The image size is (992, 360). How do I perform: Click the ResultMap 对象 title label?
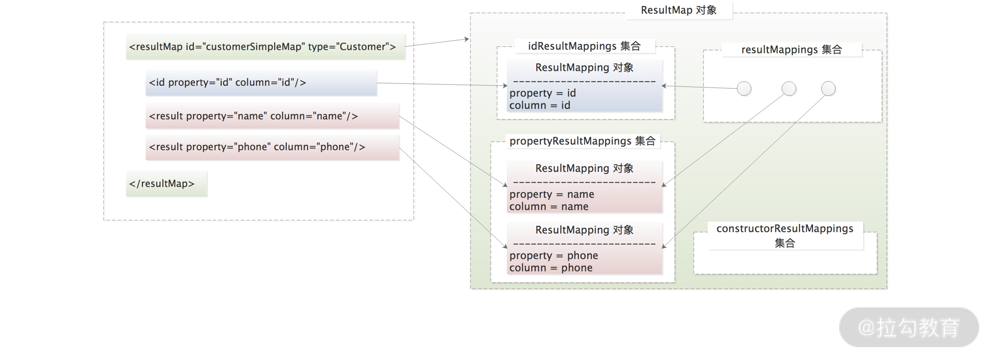tap(679, 10)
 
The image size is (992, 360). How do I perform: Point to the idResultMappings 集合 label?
tap(584, 46)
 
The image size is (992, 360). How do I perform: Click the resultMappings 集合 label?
tap(792, 50)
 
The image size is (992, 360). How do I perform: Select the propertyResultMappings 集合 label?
tap(582, 141)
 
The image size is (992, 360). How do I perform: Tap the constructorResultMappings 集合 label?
tap(785, 236)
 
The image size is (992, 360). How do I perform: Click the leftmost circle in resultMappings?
tap(744, 89)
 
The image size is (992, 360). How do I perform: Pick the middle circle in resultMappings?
tap(789, 89)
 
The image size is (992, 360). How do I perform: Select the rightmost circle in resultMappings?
tap(828, 89)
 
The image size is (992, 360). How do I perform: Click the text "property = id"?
tap(543, 93)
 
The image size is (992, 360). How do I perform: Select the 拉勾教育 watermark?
tap(909, 327)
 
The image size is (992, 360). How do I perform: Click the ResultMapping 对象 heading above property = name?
tap(584, 169)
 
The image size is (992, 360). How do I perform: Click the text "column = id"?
tap(540, 106)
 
